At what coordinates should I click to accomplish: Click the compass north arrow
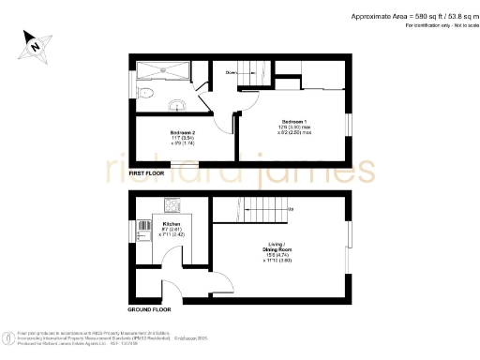click(33, 43)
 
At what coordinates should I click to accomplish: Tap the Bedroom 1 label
click(293, 123)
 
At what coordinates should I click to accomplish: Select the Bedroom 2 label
click(182, 132)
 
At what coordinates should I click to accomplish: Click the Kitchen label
click(171, 225)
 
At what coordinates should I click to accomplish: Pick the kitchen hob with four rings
click(173, 204)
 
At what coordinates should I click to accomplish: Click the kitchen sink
click(142, 226)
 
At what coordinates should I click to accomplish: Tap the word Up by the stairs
click(292, 208)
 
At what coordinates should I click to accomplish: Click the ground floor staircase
click(253, 209)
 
